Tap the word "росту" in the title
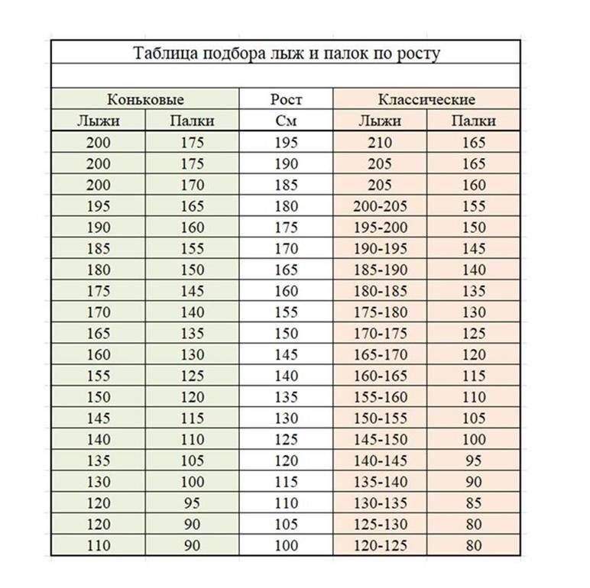[x=417, y=53]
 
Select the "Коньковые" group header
[x=145, y=99]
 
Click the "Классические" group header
[x=426, y=99]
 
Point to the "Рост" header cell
[x=286, y=99]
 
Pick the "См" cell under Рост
[x=286, y=121]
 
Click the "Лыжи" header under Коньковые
[x=98, y=121]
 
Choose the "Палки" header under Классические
[x=473, y=121]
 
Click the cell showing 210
[x=379, y=142]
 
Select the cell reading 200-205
[x=379, y=206]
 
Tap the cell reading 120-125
[x=379, y=546]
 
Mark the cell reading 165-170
[x=379, y=355]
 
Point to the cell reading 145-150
[x=379, y=440]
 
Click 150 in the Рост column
[x=286, y=334]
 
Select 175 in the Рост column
[x=286, y=228]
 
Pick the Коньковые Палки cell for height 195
[x=193, y=142]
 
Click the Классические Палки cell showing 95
[x=473, y=461]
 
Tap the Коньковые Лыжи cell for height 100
[x=98, y=546]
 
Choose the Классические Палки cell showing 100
[x=473, y=440]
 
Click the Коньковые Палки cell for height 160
[x=193, y=291]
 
